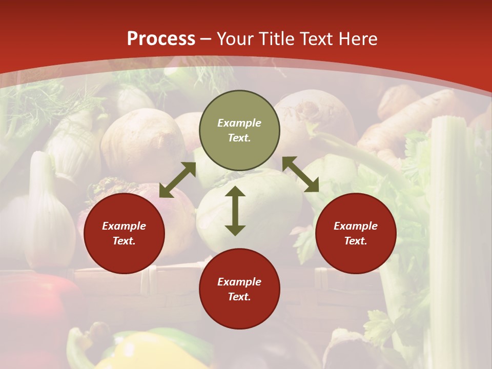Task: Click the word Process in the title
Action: coord(161,39)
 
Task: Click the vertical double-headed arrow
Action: coord(235,211)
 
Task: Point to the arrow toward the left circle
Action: coord(177,180)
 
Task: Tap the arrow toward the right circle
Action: coord(300,174)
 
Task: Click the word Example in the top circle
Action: coord(239,123)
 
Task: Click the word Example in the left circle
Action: coord(124,226)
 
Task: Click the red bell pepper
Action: coord(36,307)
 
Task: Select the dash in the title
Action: coord(206,39)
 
